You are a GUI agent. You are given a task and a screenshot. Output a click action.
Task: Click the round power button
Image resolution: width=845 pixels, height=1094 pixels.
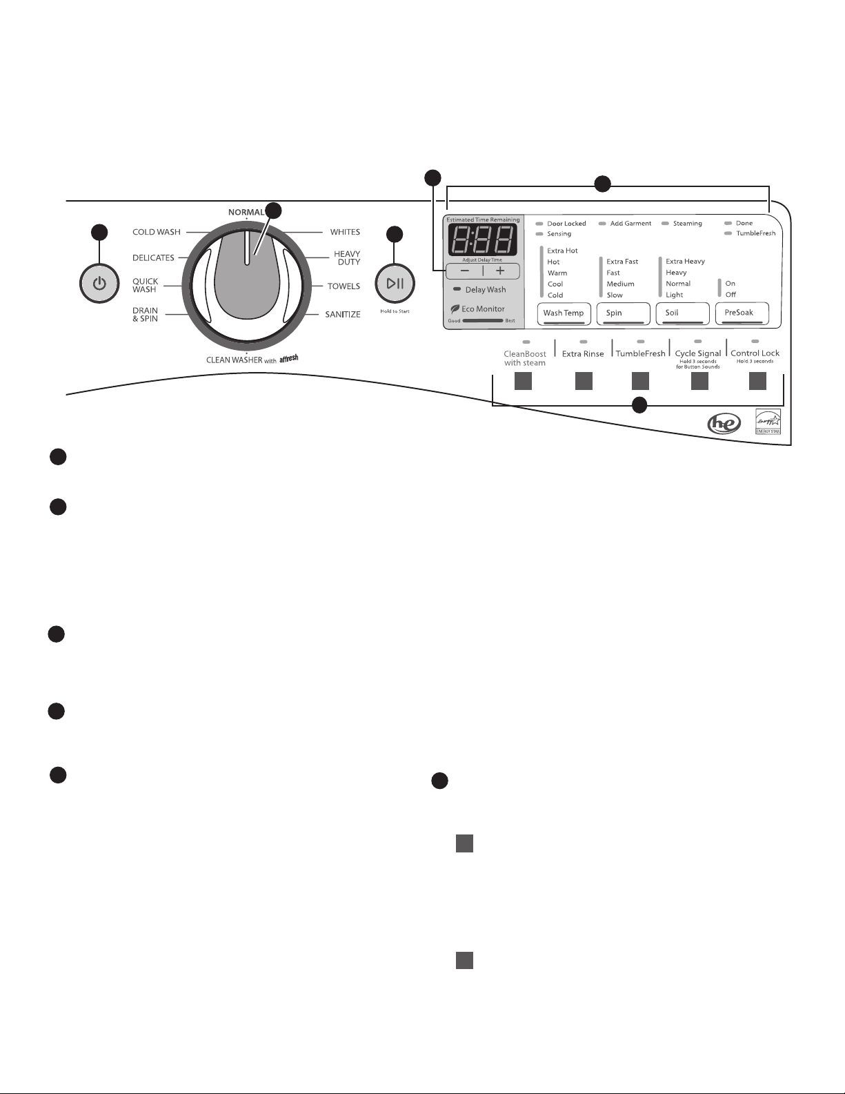[99, 283]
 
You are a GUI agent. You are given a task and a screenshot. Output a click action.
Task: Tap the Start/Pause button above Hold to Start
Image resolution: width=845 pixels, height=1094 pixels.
[395, 283]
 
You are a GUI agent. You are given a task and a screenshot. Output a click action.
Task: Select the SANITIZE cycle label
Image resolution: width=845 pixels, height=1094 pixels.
[343, 315]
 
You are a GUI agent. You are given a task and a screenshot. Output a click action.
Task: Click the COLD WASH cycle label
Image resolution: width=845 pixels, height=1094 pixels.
[157, 232]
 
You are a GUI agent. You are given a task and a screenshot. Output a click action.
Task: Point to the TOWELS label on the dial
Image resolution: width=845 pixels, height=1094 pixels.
[344, 286]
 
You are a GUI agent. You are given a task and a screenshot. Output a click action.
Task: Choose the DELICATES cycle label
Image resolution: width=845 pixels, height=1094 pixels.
[153, 257]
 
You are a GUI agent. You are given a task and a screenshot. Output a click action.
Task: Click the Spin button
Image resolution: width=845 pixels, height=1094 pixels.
[623, 313]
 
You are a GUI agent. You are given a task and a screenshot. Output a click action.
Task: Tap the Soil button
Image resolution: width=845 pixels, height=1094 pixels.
[682, 313]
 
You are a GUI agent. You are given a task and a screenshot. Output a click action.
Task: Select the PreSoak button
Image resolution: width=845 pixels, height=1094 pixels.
[742, 313]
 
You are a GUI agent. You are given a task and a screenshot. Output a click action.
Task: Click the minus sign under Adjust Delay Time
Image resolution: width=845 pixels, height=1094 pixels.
[465, 271]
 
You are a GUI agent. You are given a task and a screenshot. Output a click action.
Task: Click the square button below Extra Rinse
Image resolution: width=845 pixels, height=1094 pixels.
[584, 381]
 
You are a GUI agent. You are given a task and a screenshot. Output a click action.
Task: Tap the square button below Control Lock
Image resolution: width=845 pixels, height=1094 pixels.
[757, 381]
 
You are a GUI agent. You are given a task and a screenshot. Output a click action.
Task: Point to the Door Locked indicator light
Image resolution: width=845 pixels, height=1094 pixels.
[539, 224]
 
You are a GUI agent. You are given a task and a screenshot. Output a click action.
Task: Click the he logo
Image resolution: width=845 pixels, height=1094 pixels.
[724, 423]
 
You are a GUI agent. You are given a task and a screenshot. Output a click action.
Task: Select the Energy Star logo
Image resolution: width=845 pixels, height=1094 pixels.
[768, 422]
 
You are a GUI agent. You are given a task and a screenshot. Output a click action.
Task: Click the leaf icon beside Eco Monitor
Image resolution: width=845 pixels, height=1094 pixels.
[455, 309]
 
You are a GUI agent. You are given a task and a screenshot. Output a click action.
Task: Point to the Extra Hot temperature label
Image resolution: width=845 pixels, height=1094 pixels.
[562, 251]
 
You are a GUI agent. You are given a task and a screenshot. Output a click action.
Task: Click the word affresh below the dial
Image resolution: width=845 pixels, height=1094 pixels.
[289, 358]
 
